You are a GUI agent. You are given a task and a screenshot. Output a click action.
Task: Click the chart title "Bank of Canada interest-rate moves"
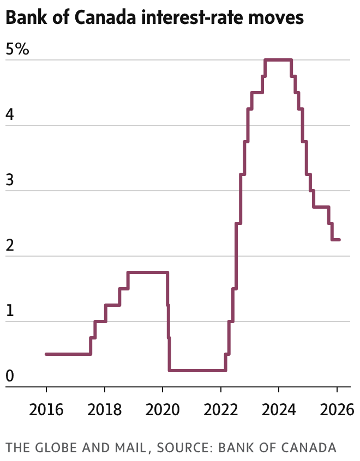pyautogui.click(x=154, y=18)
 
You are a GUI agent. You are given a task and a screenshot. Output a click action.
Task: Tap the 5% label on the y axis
pyautogui.click(x=17, y=50)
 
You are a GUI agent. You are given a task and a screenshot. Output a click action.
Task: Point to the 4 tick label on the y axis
pyautogui.click(x=10, y=116)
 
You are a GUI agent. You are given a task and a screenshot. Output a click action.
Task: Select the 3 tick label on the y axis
pyautogui.click(x=10, y=181)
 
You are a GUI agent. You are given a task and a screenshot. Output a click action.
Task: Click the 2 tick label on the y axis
pyautogui.click(x=10, y=246)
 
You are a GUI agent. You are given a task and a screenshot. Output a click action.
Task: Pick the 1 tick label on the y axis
pyautogui.click(x=10, y=312)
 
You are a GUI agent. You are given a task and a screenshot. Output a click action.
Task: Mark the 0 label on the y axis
pyautogui.click(x=10, y=377)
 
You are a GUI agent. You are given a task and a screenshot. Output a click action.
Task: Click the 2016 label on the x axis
pyautogui.click(x=46, y=408)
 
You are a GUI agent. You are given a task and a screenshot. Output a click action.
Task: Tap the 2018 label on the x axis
pyautogui.click(x=105, y=408)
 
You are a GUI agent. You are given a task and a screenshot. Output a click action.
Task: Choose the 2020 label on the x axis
pyautogui.click(x=163, y=408)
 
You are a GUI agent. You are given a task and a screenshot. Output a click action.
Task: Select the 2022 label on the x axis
pyautogui.click(x=220, y=408)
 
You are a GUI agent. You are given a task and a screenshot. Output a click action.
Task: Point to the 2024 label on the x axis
pyautogui.click(x=279, y=408)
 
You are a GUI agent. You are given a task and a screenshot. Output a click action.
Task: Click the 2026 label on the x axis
pyautogui.click(x=337, y=408)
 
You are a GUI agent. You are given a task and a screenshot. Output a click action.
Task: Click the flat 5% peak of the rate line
pyautogui.click(x=278, y=60)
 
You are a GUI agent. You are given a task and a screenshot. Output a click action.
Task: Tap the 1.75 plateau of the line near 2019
pyautogui.click(x=147, y=272)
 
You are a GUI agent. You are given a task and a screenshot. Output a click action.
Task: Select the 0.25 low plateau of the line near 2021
pyautogui.click(x=196, y=371)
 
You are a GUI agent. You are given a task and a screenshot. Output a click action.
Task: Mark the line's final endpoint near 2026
pyautogui.click(x=339, y=240)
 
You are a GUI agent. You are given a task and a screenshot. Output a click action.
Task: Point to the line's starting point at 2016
pyautogui.click(x=46, y=354)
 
